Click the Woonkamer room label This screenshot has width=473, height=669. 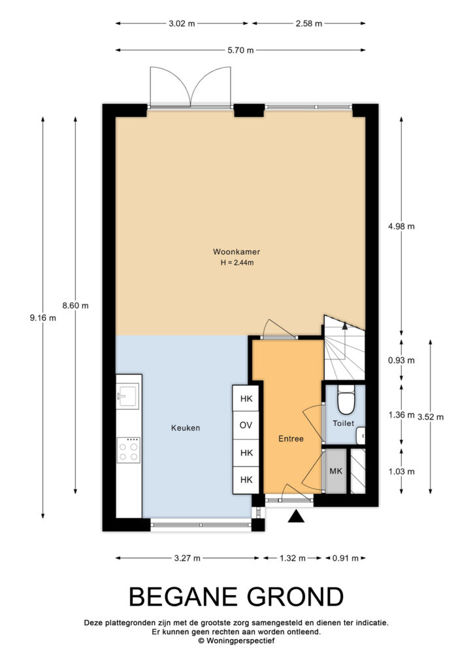[x=236, y=252]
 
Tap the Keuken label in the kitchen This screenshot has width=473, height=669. [x=186, y=428]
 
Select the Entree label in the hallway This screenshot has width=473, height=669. [x=291, y=438]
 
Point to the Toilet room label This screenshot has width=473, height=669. [x=344, y=423]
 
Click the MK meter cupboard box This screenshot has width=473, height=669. [x=336, y=471]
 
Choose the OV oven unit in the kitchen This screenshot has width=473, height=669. [x=246, y=425]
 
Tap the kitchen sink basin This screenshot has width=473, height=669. [x=128, y=397]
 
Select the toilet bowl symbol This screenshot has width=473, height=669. [x=346, y=400]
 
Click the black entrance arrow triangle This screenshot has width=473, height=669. [x=296, y=517]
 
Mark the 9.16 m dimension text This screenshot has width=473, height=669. [x=42, y=318]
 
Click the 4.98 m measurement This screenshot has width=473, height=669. [x=401, y=227]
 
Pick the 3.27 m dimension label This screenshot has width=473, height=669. [x=188, y=558]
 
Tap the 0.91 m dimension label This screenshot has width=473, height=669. [x=346, y=558]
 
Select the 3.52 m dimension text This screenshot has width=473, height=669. [x=431, y=417]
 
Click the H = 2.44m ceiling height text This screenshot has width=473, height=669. [x=237, y=263]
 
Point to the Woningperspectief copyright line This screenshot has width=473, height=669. [x=236, y=640]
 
